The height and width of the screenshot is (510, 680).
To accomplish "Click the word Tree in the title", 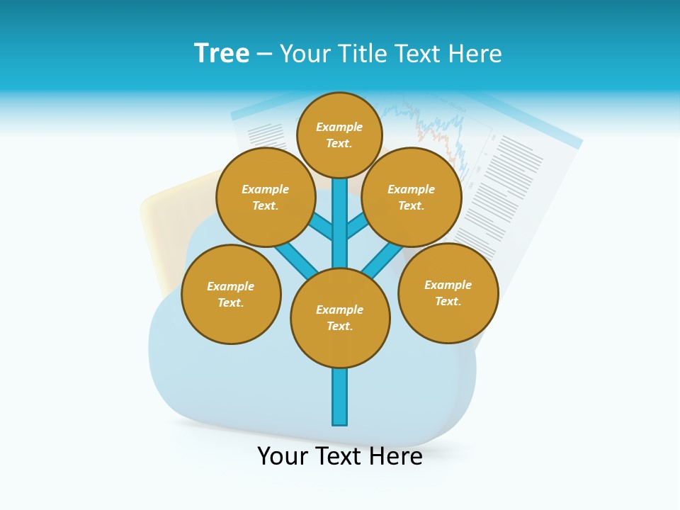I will (x=222, y=53).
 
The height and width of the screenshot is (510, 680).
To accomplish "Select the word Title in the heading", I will (x=361, y=54).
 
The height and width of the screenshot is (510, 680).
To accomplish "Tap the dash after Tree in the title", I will (x=264, y=54).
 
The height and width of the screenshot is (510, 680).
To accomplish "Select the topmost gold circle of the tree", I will (x=339, y=135).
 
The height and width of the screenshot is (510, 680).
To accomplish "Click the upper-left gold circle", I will (x=266, y=197).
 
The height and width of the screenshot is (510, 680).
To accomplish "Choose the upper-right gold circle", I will (x=412, y=197).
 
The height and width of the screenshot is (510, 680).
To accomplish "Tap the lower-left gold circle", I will (x=231, y=294).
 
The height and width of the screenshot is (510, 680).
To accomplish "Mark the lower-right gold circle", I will (x=448, y=293).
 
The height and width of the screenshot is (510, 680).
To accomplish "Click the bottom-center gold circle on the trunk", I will (x=340, y=318).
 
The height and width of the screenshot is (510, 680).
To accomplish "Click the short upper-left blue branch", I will (x=322, y=228).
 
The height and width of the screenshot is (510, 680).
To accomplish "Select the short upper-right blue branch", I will (x=357, y=227).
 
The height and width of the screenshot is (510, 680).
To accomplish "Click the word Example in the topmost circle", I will (x=339, y=127).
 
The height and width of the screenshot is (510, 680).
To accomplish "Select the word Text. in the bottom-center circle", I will (x=339, y=327).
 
